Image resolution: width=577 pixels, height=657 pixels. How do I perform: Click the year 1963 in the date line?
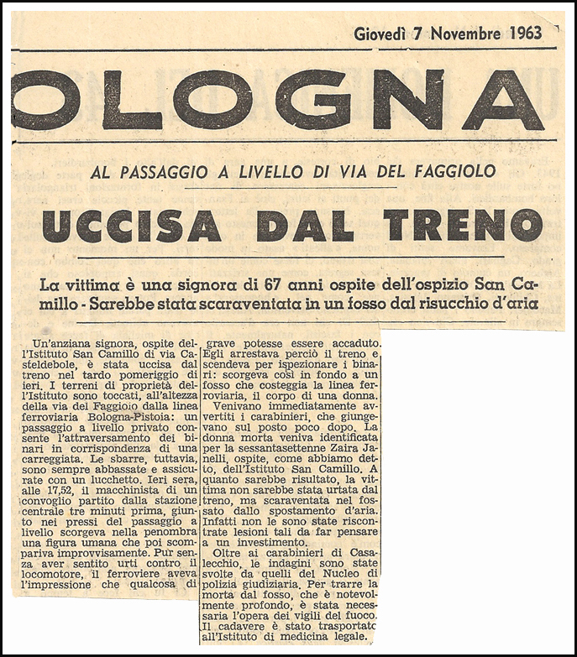click(525, 34)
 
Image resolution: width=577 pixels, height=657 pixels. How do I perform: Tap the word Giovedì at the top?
click(382, 34)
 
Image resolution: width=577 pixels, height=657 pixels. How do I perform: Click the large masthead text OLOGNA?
click(277, 99)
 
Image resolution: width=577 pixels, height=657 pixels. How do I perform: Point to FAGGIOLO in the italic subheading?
click(454, 172)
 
